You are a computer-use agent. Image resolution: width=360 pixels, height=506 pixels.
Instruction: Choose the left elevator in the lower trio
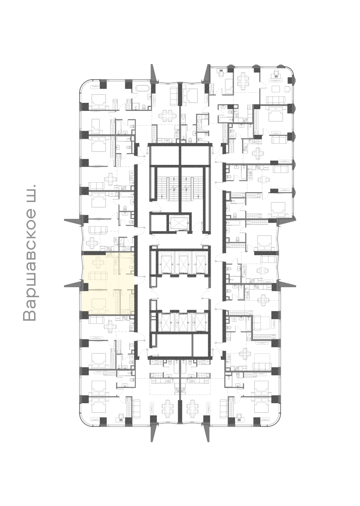164,322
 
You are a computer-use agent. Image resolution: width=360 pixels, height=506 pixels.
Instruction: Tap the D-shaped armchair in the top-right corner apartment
288,89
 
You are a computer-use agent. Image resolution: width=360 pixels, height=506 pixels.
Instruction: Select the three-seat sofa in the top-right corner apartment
276,100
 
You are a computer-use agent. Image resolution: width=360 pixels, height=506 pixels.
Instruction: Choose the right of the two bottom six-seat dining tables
192,407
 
